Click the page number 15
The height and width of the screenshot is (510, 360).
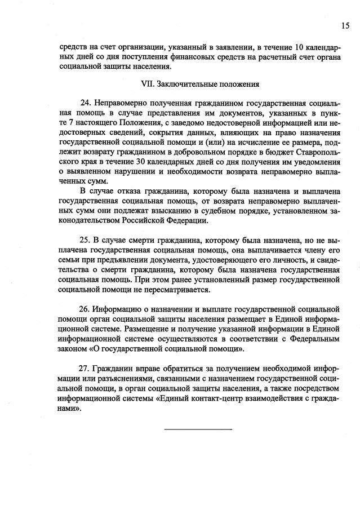[344, 25]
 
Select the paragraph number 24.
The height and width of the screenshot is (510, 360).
[86, 103]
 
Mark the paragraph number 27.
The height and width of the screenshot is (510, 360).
[86, 365]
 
